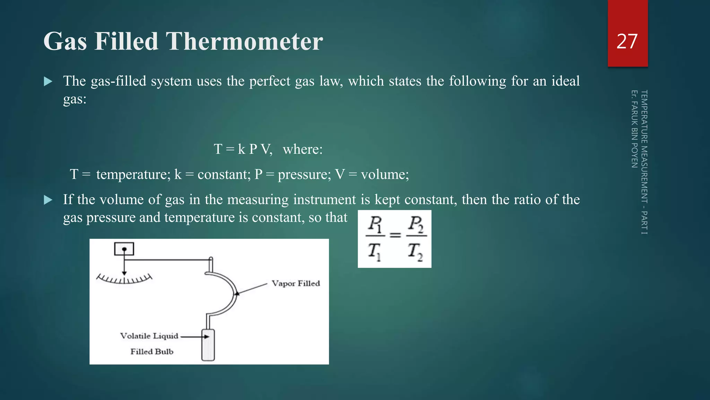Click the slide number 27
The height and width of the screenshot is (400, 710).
tap(627, 42)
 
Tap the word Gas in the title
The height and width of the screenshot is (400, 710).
tap(65, 42)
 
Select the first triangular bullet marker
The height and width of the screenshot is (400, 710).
tap(48, 82)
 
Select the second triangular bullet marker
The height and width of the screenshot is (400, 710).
tap(48, 200)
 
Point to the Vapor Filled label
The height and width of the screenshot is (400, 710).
tap(295, 283)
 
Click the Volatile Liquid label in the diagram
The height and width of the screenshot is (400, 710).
tap(149, 336)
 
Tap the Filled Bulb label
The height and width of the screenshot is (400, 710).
tap(152, 351)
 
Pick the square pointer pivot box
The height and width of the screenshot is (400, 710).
tap(124, 249)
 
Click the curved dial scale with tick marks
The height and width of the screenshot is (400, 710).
tap(124, 279)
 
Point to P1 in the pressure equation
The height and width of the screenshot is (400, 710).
tap(375, 224)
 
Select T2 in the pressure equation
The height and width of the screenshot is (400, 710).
tap(415, 251)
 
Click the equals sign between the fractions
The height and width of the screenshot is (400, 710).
tap(395, 235)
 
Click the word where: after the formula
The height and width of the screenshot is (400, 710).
tap(303, 149)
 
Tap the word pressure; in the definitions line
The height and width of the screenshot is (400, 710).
tap(304, 174)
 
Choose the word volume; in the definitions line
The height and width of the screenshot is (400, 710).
tap(385, 174)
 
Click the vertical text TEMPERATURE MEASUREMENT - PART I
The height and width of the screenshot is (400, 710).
tap(644, 162)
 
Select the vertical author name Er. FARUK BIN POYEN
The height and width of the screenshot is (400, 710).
tap(634, 129)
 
